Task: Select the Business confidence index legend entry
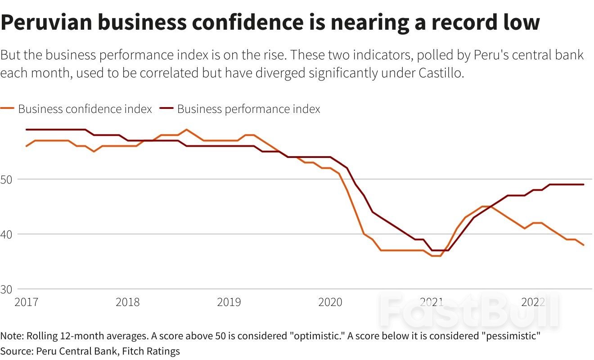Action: tap(85, 109)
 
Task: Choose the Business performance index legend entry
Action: tap(248, 109)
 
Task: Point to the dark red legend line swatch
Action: tap(166, 109)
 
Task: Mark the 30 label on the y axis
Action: tap(6, 289)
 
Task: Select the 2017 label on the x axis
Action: tap(27, 302)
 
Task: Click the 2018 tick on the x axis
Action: tap(128, 302)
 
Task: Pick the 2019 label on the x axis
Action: tap(229, 302)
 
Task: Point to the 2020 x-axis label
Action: tap(330, 302)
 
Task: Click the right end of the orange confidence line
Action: tap(584, 245)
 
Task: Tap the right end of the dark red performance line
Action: tap(584, 184)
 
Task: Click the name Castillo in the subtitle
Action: tap(436, 73)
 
